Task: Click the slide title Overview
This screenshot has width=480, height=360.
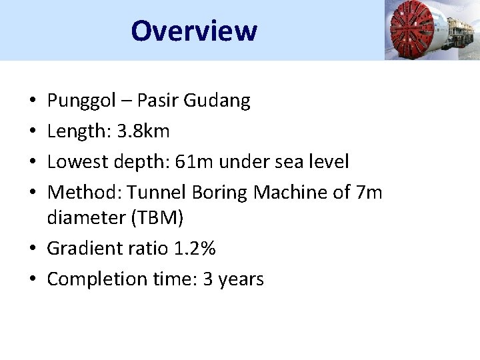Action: coord(193,31)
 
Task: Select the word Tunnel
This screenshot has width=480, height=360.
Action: coord(157,193)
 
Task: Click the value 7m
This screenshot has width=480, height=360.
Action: coord(369,193)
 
